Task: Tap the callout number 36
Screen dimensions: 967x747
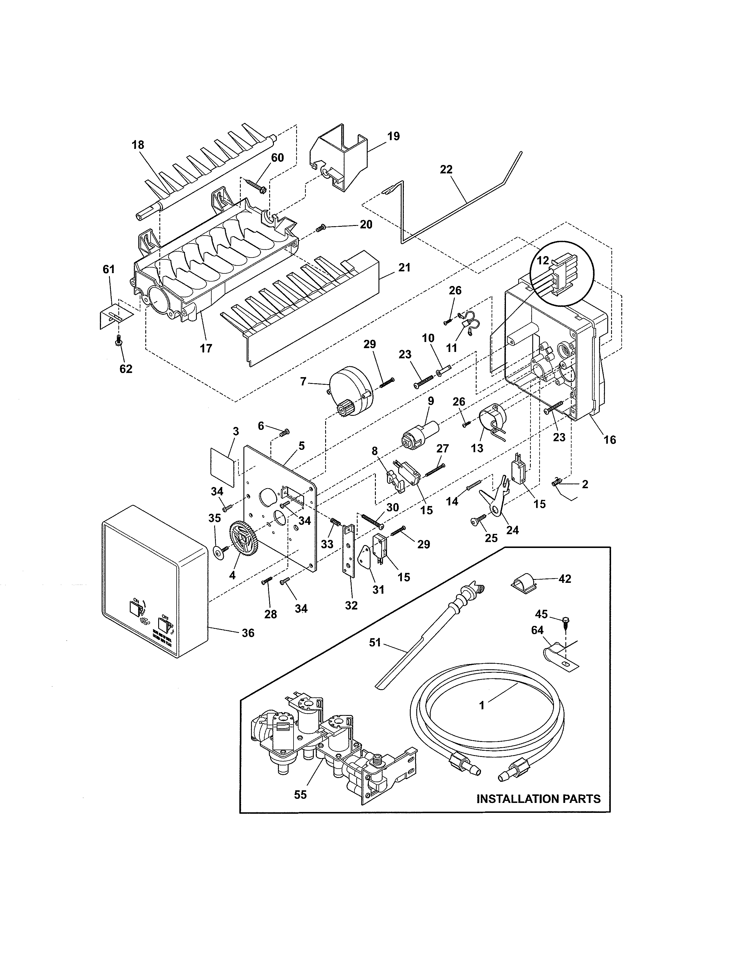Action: point(248,633)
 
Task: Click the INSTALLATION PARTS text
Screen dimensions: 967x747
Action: point(538,799)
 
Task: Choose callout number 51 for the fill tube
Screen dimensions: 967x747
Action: point(375,642)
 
